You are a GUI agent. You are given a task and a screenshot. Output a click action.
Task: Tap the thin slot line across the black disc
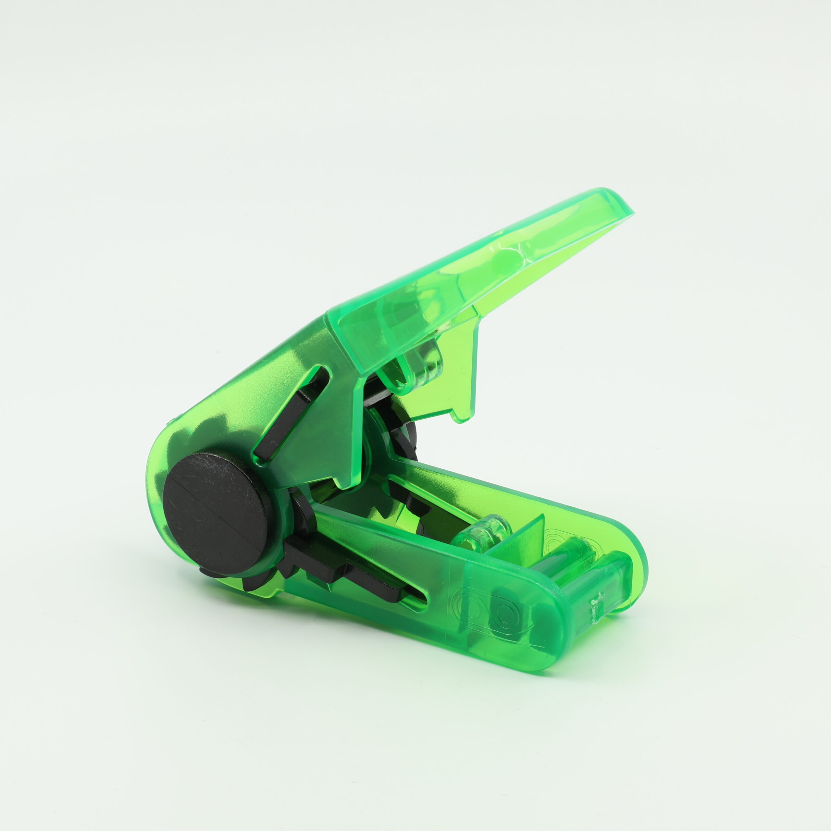[219, 512]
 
